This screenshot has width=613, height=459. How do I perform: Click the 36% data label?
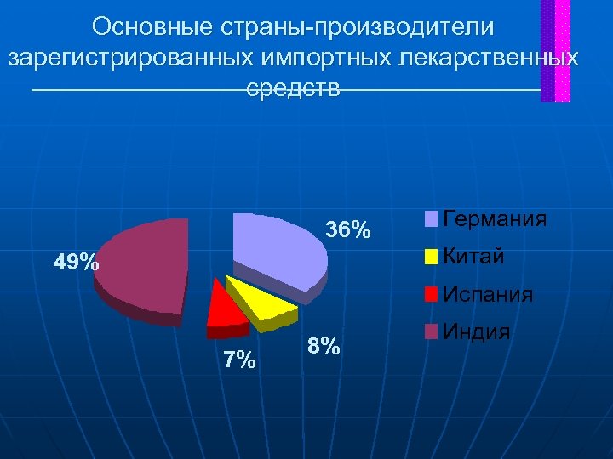349,229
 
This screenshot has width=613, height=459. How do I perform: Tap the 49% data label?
76,263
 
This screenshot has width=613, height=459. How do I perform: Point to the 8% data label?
324,347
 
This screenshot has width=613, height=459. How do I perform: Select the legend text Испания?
489,295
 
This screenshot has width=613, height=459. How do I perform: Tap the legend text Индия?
477,331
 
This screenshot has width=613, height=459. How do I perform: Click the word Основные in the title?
149,26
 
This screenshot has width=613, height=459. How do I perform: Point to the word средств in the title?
294,88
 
